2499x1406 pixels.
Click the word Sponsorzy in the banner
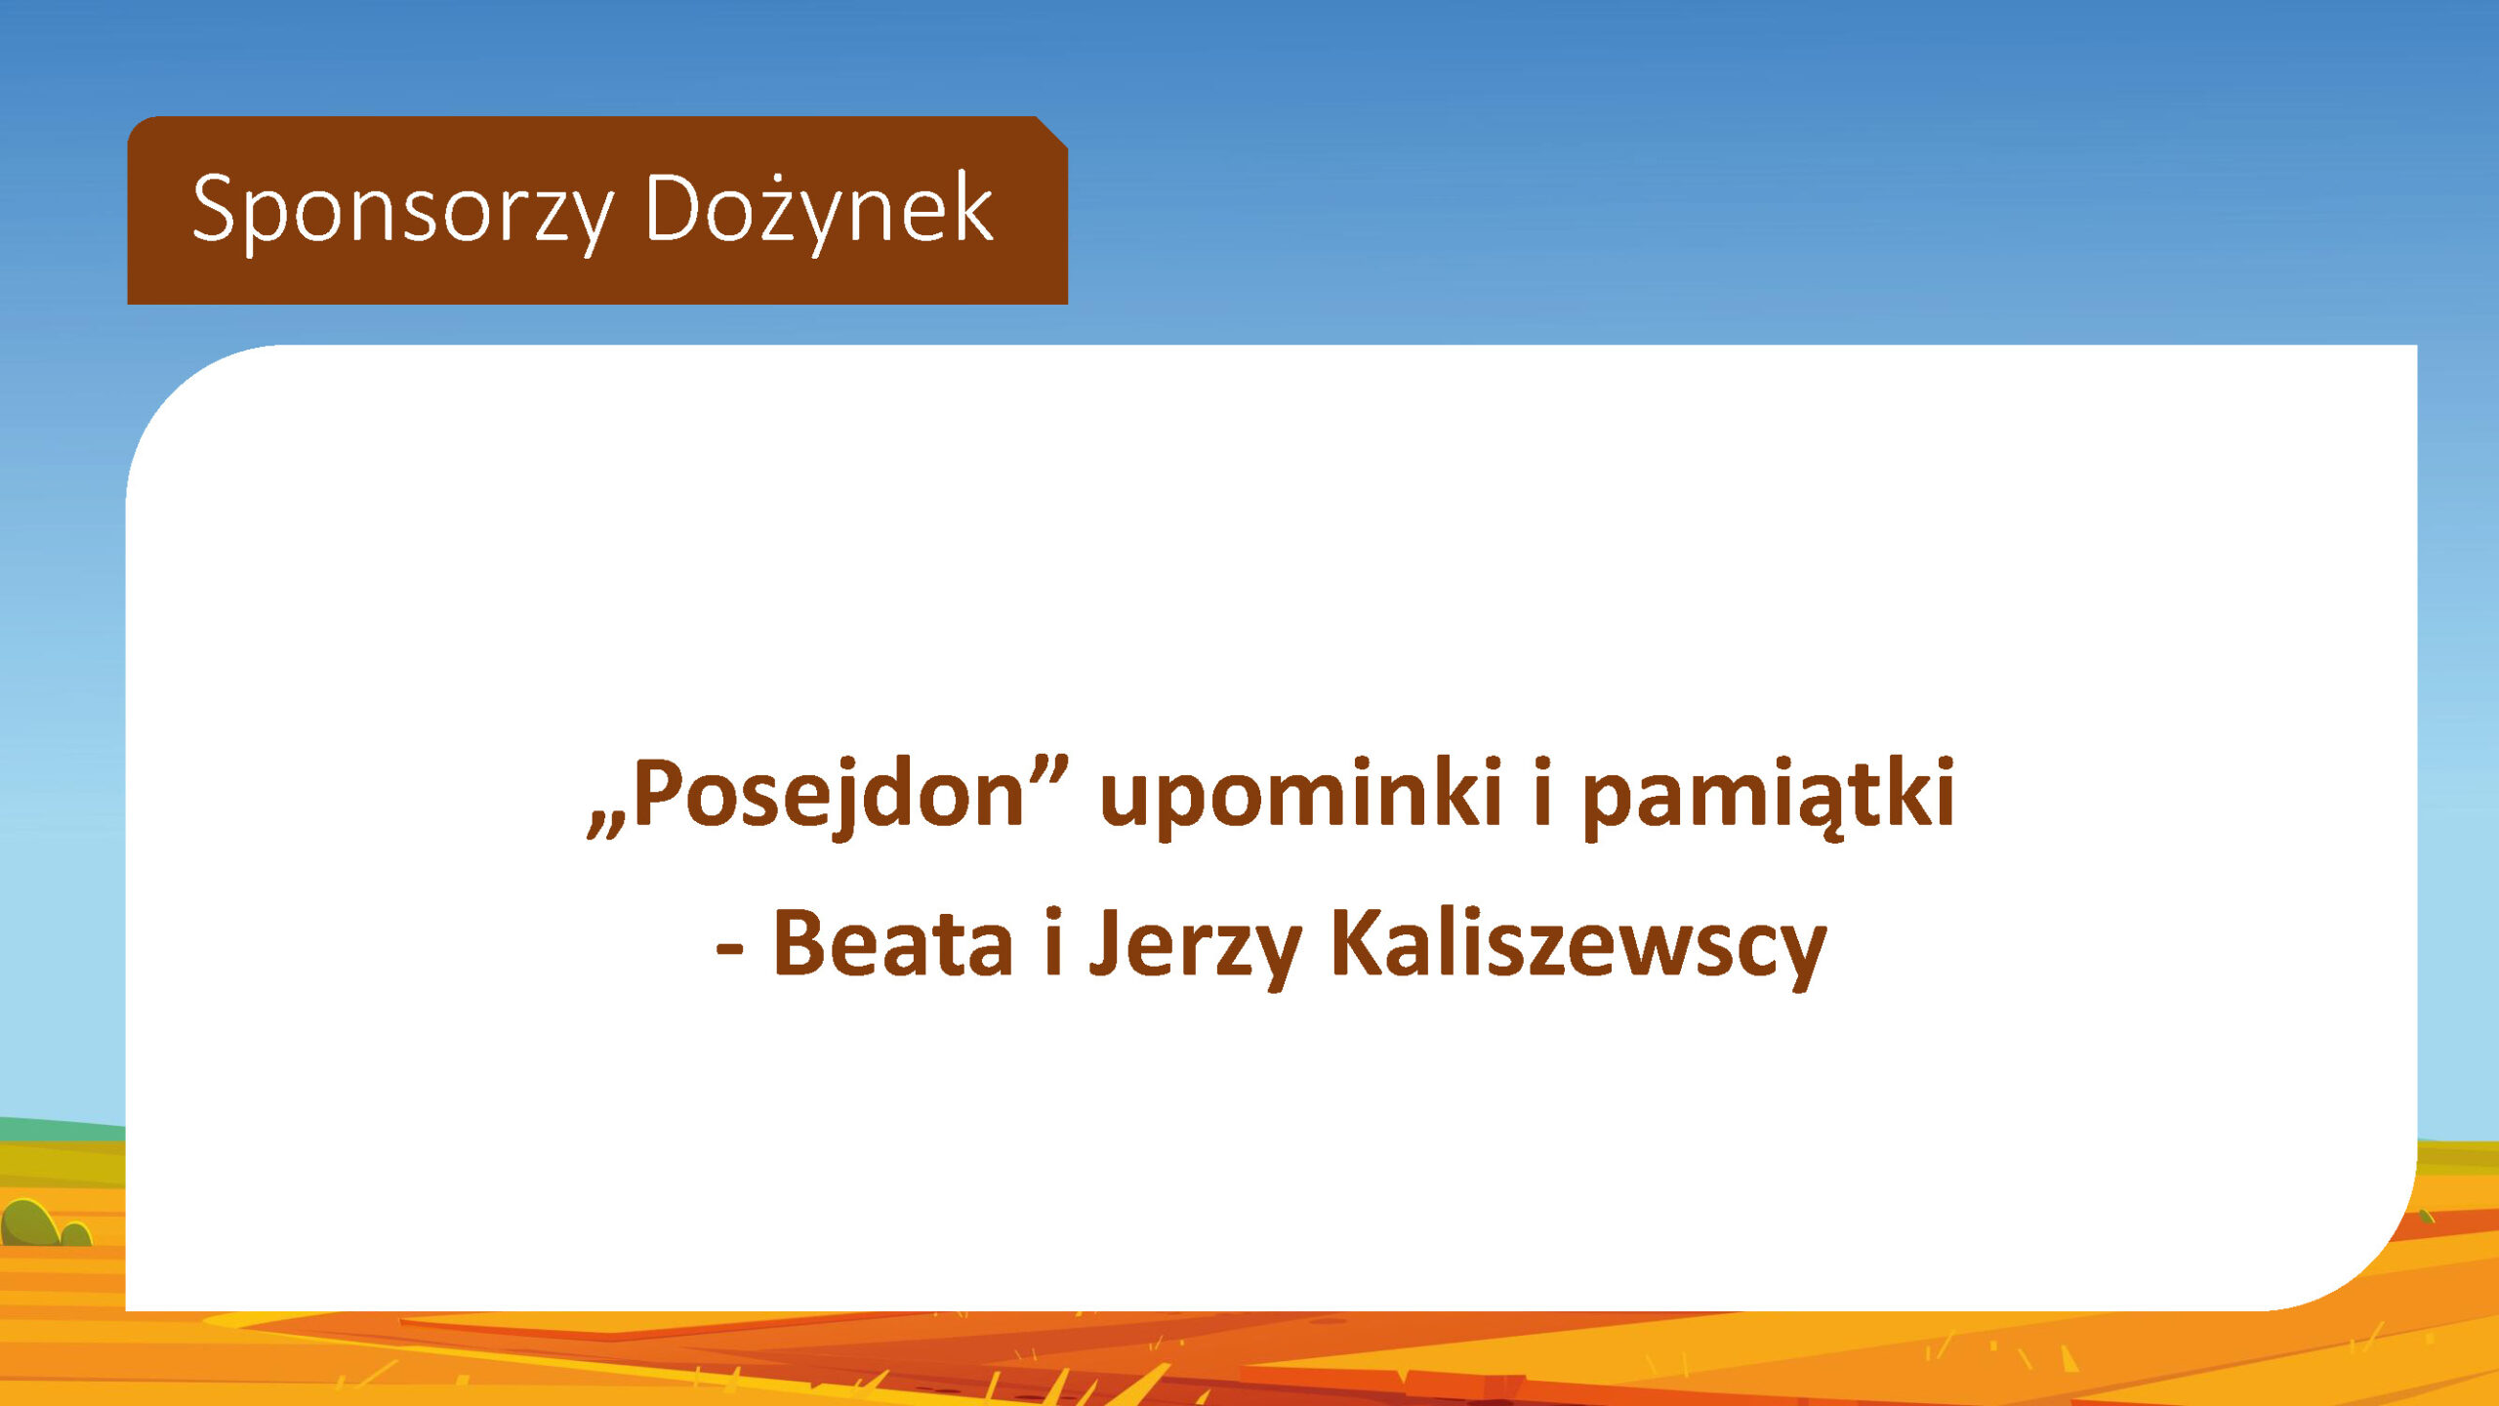[403, 210]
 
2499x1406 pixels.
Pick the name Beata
[893, 943]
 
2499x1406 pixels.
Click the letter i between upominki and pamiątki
[1542, 792]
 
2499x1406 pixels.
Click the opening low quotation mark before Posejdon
[606, 825]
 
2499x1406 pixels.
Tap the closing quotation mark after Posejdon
[1048, 771]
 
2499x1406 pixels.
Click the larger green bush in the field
[29, 1223]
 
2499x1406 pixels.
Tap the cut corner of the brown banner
[1051, 133]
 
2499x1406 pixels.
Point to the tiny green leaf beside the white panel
[2427, 1217]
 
